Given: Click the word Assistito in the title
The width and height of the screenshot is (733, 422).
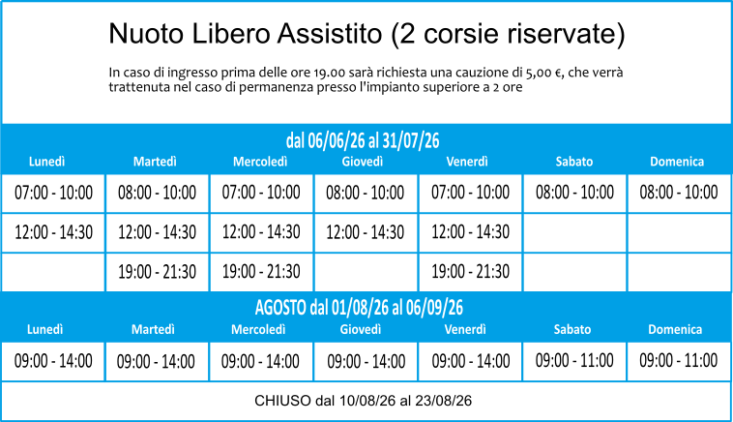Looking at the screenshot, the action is [x=331, y=34].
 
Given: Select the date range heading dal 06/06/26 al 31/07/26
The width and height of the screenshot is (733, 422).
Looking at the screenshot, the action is [x=363, y=140].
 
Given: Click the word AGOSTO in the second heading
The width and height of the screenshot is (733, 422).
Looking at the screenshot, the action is [x=280, y=308].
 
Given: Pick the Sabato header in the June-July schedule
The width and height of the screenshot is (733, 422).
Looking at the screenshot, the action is [x=574, y=162].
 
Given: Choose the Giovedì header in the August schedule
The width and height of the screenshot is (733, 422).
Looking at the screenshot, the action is [x=361, y=329].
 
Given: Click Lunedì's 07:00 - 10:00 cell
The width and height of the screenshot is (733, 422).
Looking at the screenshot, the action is [x=53, y=193].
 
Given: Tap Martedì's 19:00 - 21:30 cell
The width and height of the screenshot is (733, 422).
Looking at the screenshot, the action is [x=157, y=272].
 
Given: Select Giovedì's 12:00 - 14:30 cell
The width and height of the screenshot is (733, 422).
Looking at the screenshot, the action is [x=366, y=232].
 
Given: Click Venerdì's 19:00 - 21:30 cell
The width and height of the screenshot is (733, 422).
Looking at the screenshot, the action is [x=470, y=272].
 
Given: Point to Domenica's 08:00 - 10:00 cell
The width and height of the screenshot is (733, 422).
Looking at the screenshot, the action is [x=679, y=193].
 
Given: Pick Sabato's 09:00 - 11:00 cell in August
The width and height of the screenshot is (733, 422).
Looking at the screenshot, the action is [x=574, y=361].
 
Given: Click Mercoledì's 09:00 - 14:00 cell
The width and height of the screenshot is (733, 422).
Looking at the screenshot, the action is [x=260, y=361].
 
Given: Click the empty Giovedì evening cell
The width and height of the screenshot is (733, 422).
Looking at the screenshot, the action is [x=366, y=272].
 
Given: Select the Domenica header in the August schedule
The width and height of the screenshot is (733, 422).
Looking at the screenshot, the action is [x=675, y=329].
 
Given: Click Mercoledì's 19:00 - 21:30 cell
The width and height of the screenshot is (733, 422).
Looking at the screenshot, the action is [x=261, y=272].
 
